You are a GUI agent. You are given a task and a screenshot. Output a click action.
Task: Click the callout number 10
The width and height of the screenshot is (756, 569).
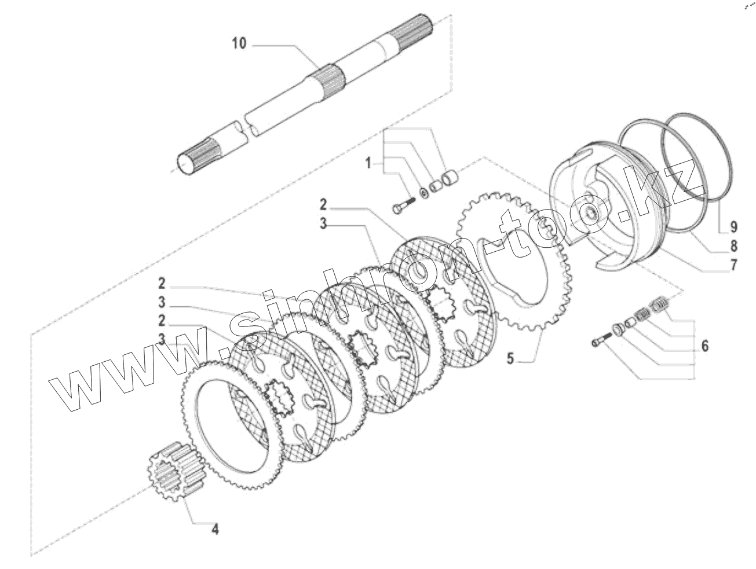coord(239,44)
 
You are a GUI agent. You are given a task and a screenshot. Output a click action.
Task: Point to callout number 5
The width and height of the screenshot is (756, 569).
coord(510,358)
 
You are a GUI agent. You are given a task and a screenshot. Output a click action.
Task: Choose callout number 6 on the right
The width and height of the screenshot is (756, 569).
coord(704,346)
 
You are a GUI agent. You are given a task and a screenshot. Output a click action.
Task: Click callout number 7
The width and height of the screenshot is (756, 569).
coord(733,266)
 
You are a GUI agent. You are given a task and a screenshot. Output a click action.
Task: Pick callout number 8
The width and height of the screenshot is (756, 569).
coord(733,245)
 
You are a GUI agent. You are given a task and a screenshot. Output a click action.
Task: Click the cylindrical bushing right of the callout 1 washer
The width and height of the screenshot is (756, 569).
coord(449,176)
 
